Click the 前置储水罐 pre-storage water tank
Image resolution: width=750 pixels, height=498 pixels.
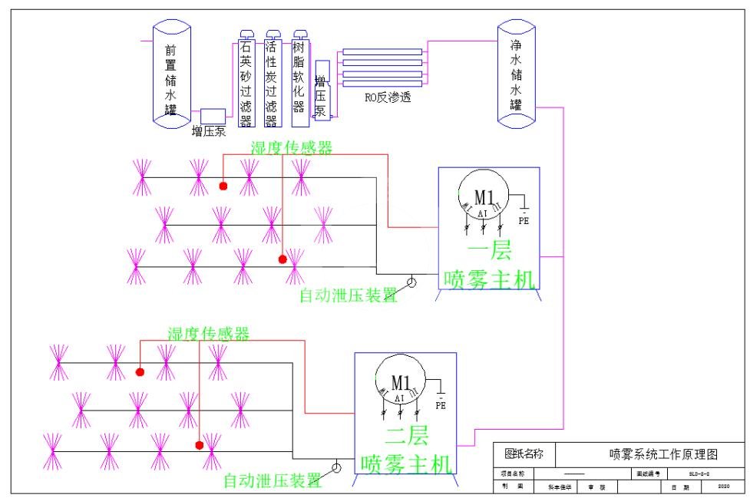[x=170, y=73]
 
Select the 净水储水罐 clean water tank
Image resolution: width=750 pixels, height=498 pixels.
[x=517, y=73]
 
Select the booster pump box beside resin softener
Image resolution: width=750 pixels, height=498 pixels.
[x=322, y=91]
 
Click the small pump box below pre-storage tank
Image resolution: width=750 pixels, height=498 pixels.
[x=212, y=117]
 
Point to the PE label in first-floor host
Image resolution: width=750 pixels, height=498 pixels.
[x=524, y=220]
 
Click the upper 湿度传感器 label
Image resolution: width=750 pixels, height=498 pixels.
[x=291, y=148]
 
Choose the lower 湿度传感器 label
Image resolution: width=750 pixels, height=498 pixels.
[x=208, y=334]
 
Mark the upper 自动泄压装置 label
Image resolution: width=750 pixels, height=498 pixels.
[x=349, y=295]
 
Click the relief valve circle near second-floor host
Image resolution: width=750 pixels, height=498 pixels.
[x=336, y=466]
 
